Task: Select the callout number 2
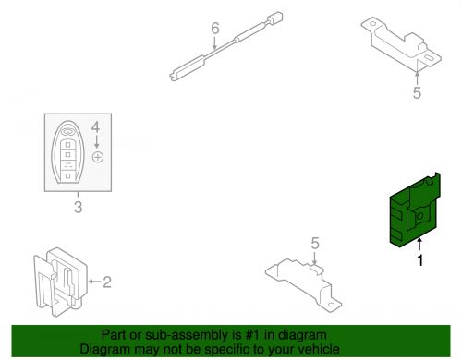(106, 282)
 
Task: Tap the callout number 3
(78, 208)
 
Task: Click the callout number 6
(215, 29)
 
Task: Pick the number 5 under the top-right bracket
(417, 92)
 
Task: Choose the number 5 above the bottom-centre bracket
(314, 244)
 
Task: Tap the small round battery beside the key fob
(97, 158)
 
